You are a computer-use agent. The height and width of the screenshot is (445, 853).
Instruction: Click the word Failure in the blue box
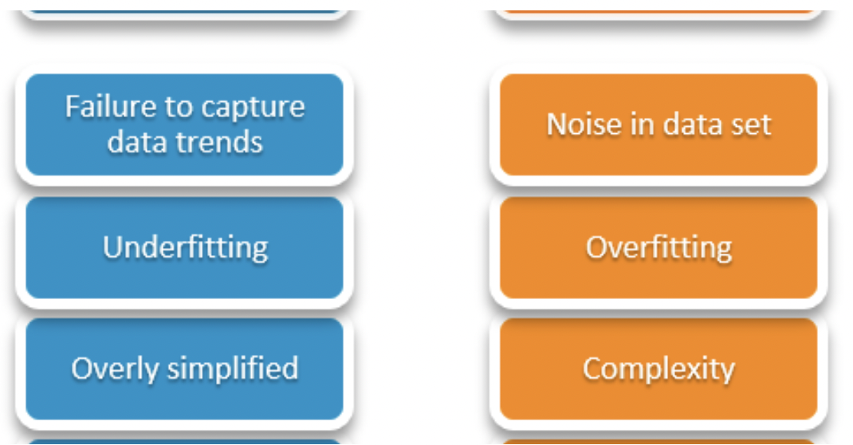[112, 106]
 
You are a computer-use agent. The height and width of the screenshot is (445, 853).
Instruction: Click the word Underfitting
[186, 247]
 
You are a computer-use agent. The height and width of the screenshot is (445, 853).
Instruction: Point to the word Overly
[116, 368]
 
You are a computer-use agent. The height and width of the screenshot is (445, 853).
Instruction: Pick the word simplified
[233, 368]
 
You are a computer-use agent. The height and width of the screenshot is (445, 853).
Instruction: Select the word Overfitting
[658, 247]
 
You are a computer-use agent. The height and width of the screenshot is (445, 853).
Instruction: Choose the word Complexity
[658, 368]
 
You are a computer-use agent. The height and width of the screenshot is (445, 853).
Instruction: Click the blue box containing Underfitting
[185, 247]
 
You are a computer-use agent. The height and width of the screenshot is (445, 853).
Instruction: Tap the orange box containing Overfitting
[658, 247]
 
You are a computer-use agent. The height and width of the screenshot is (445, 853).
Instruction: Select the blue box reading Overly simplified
[185, 368]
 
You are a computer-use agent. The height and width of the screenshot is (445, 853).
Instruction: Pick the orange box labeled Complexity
[658, 368]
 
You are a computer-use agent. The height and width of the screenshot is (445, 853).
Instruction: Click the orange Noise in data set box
[658, 124]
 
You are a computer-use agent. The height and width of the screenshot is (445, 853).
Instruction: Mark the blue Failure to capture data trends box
[185, 124]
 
